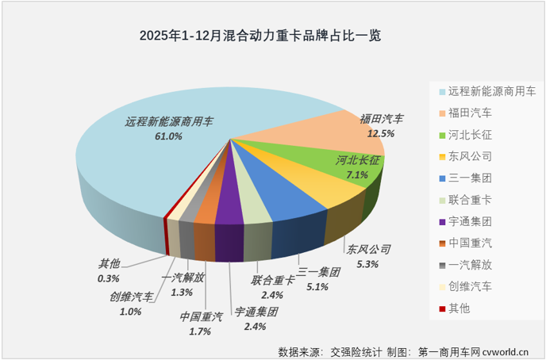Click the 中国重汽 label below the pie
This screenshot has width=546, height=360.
[x=202, y=317]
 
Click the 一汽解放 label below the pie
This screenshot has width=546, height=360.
[x=183, y=278]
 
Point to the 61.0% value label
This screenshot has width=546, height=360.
[x=168, y=136]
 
